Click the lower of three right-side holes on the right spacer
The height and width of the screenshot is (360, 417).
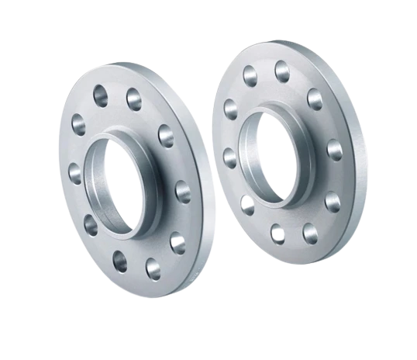333,201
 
